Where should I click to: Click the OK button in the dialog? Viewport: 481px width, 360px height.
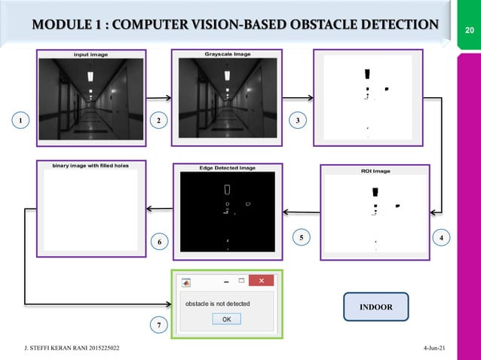point(226,319)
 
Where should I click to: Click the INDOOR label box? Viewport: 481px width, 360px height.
point(375,307)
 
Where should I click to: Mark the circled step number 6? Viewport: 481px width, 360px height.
point(159,242)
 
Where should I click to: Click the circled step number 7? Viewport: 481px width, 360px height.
point(159,325)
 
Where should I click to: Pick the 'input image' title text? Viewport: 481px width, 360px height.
point(90,54)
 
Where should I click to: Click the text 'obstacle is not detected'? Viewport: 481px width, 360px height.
point(218,304)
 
